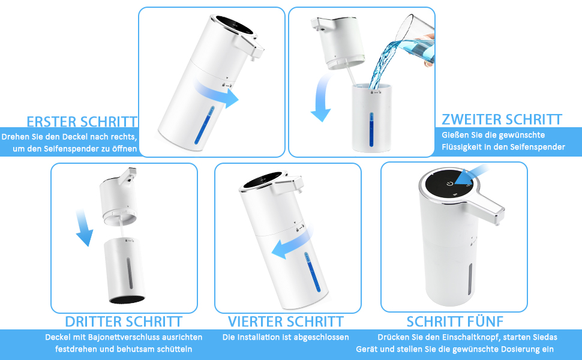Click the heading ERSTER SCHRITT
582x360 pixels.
click(82, 122)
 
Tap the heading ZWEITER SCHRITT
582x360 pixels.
click(502, 119)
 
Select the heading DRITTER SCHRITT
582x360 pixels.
click(124, 322)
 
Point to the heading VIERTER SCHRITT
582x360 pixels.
click(286, 322)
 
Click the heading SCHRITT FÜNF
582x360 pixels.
click(455, 322)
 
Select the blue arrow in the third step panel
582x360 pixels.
click(84, 227)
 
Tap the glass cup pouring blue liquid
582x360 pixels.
click(415, 41)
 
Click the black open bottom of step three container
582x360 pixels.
click(127, 299)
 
